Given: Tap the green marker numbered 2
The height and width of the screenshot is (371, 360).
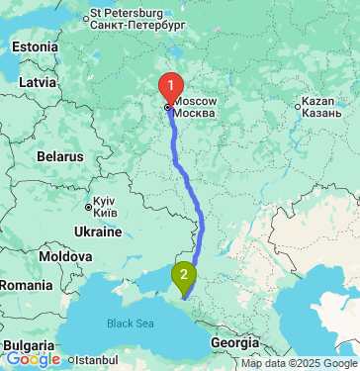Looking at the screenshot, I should [x=184, y=275].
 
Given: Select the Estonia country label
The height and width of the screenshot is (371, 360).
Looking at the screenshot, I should [x=36, y=47].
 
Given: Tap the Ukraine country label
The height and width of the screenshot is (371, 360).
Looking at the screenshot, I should [x=97, y=232].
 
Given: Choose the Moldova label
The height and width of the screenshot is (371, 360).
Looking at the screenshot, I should [x=65, y=256].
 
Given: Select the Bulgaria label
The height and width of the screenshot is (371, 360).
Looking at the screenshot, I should [x=23, y=345].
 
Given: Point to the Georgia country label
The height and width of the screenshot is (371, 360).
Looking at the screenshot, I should [x=234, y=342].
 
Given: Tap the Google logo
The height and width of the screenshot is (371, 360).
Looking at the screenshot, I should [x=33, y=359].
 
